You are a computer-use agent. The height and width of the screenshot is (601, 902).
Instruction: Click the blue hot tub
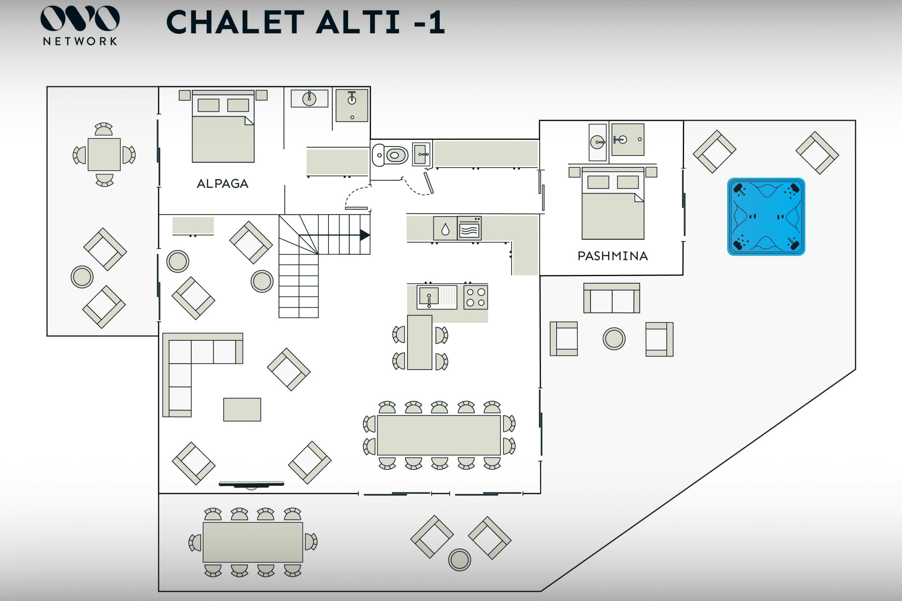pyautogui.click(x=766, y=217)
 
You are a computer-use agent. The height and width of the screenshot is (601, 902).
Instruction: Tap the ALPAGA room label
pyautogui.click(x=222, y=184)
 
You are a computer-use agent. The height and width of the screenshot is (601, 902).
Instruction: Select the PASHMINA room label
pyautogui.click(x=613, y=256)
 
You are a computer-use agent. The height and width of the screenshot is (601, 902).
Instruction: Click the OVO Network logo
pyautogui.click(x=80, y=25)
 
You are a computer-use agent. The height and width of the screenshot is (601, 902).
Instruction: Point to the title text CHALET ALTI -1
pyautogui.click(x=306, y=22)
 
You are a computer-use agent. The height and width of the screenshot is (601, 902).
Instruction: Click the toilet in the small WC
pyautogui.click(x=390, y=155)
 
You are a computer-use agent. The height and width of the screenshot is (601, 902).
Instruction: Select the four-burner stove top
pyautogui.click(x=475, y=297)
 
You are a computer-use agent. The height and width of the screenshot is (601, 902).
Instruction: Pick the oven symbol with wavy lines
pyautogui.click(x=469, y=228)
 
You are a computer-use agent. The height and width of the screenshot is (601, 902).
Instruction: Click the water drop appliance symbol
pyautogui.click(x=445, y=229)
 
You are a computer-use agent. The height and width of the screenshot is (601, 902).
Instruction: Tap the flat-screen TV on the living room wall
pyautogui.click(x=251, y=484)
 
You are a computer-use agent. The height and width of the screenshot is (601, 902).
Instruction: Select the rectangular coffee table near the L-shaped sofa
pyautogui.click(x=242, y=409)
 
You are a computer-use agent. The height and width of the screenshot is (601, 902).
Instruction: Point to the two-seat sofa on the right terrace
pyautogui.click(x=612, y=298)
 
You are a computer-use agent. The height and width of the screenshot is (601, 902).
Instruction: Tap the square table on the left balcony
pyautogui.click(x=104, y=154)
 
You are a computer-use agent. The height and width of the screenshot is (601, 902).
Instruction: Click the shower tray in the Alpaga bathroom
pyautogui.click(x=352, y=106)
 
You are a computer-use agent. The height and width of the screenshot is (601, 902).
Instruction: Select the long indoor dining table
pyautogui.click(x=439, y=435)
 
